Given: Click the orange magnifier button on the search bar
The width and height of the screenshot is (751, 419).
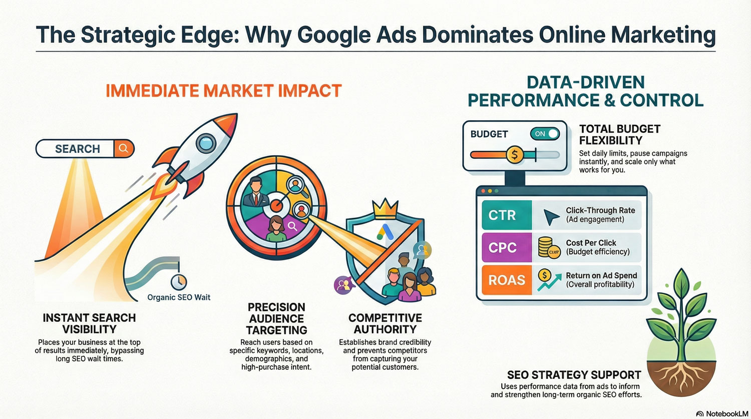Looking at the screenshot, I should tap(124, 149).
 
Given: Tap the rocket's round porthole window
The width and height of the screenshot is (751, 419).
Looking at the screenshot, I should tap(205, 143).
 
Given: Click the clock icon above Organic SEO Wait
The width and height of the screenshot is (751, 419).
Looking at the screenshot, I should tap(178, 280).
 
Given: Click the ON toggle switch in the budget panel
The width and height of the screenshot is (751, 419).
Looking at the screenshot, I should tap(545, 134).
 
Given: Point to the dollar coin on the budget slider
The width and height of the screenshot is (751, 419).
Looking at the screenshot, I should tap(514, 155).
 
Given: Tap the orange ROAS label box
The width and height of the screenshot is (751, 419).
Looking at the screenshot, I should tap(506, 280).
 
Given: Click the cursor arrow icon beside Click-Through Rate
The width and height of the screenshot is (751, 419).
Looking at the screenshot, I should tap(551, 216).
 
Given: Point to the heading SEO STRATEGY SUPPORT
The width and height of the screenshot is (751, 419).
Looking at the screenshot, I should tap(574, 375).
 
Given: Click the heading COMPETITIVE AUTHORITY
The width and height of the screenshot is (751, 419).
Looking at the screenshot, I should tap(385, 323).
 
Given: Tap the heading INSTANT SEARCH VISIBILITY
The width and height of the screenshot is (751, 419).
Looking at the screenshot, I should tap(89, 323).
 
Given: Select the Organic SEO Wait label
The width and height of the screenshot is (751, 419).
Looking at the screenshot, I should tap(179, 297).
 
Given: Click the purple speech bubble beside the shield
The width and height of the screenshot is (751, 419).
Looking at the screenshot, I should tap(343, 285).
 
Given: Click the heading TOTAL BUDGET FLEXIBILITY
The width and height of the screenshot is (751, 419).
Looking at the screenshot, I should tap(620, 135).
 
